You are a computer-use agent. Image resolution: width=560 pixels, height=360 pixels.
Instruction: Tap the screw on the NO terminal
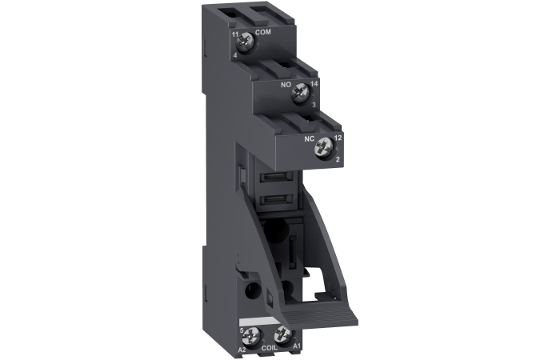coord(302,93)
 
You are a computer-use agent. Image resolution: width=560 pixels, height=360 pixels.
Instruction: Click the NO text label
coord(284,82)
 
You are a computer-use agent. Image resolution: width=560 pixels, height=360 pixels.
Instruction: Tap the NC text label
coord(308,138)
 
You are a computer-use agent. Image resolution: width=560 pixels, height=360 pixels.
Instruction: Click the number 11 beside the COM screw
coord(235,34)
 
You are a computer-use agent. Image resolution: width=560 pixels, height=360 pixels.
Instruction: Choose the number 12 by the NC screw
coord(338,138)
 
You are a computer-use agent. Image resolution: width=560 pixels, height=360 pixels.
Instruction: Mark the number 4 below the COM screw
coord(235,55)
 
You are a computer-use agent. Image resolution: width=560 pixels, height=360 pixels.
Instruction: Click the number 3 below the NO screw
coord(314,105)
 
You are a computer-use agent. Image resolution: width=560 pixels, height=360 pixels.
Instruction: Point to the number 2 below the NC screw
coord(338,160)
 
